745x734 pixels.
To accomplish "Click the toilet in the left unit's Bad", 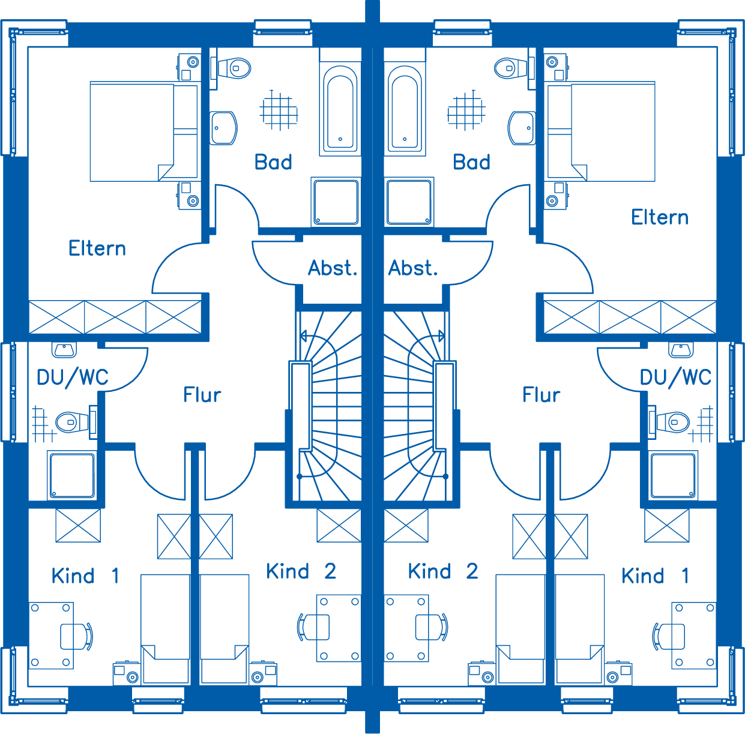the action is click(231, 68).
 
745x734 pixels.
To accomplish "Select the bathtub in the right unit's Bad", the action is click(405, 107).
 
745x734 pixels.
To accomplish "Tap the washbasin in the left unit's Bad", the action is click(223, 128).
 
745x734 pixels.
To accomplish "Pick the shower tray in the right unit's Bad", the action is click(409, 202).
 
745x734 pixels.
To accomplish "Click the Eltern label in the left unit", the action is click(97, 248).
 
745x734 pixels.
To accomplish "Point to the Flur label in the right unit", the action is click(541, 395).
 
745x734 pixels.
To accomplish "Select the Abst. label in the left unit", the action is click(333, 268).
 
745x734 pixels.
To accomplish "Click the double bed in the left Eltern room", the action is click(144, 131).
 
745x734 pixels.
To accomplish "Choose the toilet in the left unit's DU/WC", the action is click(76, 422).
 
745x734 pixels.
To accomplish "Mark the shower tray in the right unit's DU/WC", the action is click(673, 475).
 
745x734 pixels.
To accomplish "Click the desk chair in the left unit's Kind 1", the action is click(77, 636).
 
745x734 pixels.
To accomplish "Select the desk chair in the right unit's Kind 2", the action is click(432, 627).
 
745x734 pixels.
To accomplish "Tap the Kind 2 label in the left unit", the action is click(301, 571).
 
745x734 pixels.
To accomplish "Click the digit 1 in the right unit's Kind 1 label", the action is click(685, 576).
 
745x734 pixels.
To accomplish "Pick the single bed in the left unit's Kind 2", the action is click(225, 629).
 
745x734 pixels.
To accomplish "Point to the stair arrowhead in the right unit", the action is click(441, 336).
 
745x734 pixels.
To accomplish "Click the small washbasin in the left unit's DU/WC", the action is click(64, 350).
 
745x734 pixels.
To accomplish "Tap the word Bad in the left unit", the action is click(273, 162).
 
